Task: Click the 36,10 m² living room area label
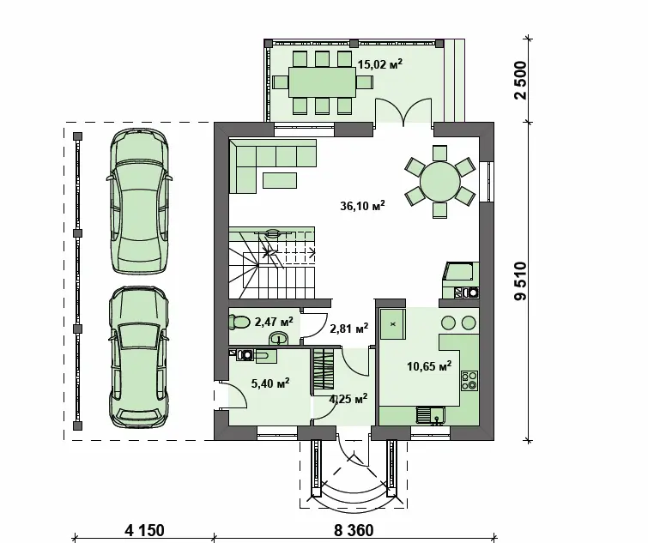tap(362, 205)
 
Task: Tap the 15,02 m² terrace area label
tap(380, 64)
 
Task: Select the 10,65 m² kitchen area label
tap(429, 365)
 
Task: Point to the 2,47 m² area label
tap(274, 322)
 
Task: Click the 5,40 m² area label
tap(269, 383)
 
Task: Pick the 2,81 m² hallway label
tap(349, 329)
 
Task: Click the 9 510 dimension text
tap(522, 281)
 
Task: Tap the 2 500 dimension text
tap(522, 80)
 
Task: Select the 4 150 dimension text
tap(145, 530)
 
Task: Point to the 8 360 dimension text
tap(354, 530)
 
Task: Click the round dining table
tap(440, 182)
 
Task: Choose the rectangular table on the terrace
tap(323, 82)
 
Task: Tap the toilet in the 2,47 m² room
tap(239, 322)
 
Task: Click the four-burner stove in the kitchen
tap(469, 380)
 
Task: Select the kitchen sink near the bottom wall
tap(430, 415)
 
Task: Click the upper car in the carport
tap(139, 201)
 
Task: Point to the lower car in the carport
tap(139, 357)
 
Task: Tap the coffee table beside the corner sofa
tap(280, 180)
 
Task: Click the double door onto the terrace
tap(403, 111)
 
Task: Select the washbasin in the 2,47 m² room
tap(279, 339)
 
